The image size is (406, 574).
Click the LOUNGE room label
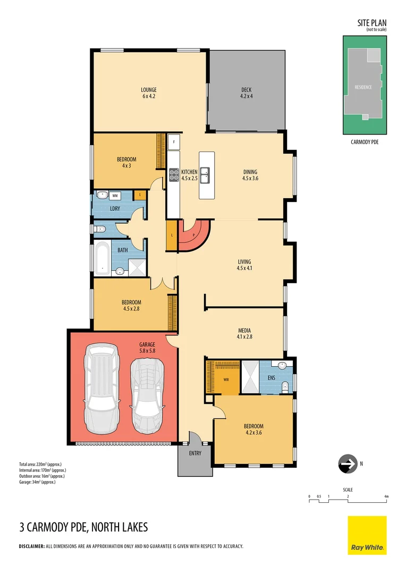click(x=148, y=90)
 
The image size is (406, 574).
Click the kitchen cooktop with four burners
click(x=174, y=175)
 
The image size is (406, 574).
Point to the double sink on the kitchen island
click(x=207, y=175)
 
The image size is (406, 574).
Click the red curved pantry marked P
click(x=194, y=235)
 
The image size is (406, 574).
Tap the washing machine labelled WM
click(x=115, y=196)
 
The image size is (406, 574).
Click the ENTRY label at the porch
click(x=195, y=453)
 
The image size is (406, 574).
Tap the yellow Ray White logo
click(x=367, y=535)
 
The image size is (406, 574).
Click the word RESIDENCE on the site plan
click(x=363, y=87)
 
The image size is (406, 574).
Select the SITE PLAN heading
click(x=371, y=23)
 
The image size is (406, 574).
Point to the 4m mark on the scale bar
click(x=386, y=496)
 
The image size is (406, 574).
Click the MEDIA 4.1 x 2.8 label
click(x=244, y=333)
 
